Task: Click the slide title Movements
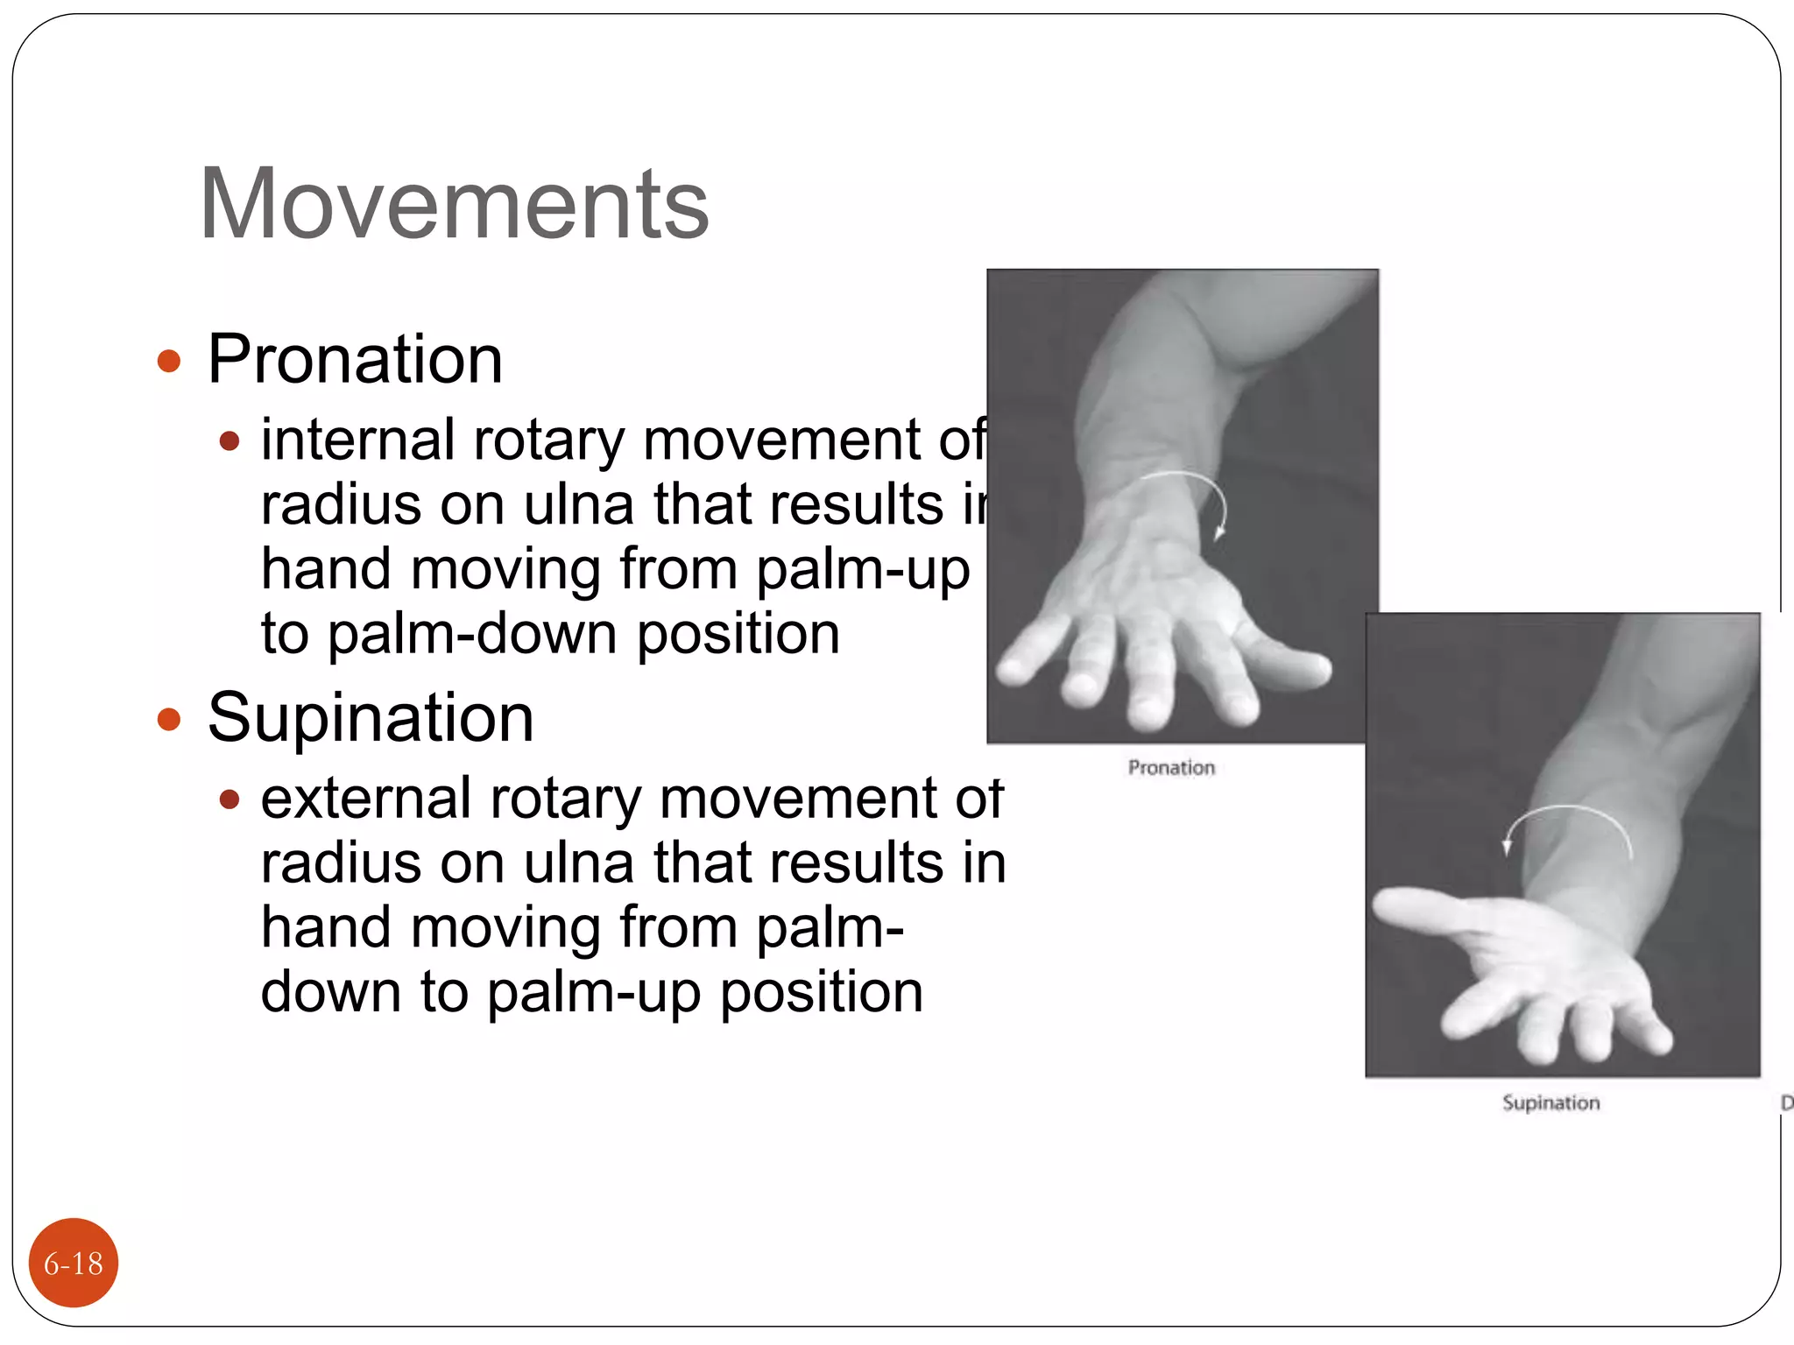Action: (454, 203)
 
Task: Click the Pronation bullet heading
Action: (355, 359)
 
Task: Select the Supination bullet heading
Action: (370, 717)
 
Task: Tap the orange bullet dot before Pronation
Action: (168, 361)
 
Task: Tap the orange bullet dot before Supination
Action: (168, 720)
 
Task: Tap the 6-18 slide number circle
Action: (74, 1263)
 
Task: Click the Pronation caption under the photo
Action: (1171, 768)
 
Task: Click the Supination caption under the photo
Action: (1550, 1102)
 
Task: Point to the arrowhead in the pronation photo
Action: (1218, 532)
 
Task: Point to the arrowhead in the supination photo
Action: (1507, 847)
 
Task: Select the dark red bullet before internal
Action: (230, 440)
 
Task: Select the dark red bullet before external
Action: (230, 799)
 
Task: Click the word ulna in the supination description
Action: (578, 863)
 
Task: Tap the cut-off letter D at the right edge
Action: (1786, 1103)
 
